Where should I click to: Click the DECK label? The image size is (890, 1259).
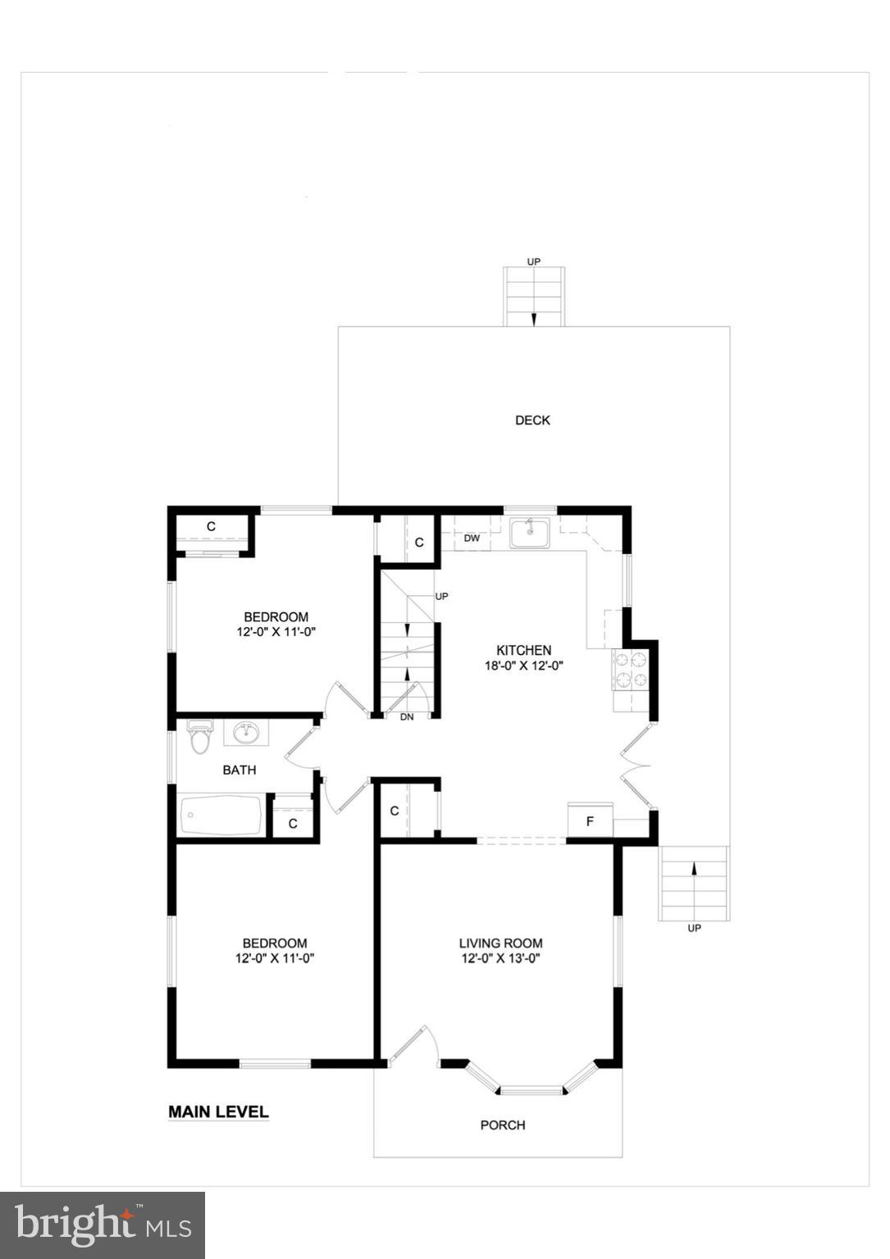tap(532, 420)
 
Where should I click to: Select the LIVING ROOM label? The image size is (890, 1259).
tap(500, 943)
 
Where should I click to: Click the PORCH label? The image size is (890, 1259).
tap(502, 1125)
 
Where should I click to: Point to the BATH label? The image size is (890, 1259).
tap(240, 770)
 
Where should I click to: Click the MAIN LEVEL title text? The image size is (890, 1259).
tap(218, 1112)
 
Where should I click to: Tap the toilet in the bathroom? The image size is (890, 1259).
tap(199, 736)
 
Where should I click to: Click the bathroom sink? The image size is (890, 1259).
tap(246, 732)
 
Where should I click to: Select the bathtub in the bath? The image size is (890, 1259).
tap(221, 816)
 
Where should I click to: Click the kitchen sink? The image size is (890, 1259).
tap(529, 533)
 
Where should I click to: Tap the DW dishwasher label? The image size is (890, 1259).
tap(472, 539)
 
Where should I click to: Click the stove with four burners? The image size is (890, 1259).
tap(630, 670)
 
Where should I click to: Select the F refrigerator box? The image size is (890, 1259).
tap(590, 820)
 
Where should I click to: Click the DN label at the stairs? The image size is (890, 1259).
tap(407, 717)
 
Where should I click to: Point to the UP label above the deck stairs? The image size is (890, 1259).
tap(534, 261)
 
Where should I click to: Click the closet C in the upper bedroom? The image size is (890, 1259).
tap(211, 526)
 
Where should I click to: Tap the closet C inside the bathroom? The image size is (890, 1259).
tap(293, 823)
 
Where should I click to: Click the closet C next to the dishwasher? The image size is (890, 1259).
tap(419, 542)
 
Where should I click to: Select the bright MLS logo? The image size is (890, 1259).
tap(103, 1225)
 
